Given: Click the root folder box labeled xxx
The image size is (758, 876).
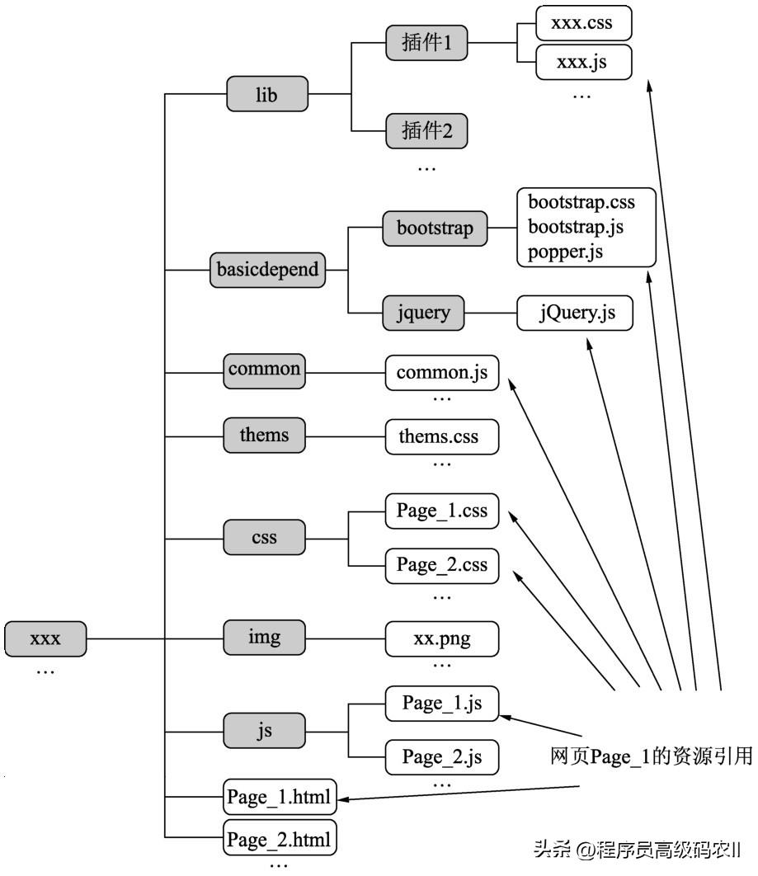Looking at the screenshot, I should [x=45, y=638].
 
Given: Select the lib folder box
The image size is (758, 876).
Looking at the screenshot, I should [x=266, y=95].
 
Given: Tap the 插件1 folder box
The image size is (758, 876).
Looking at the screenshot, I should [x=426, y=42].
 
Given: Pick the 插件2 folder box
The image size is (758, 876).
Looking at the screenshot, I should [x=426, y=130].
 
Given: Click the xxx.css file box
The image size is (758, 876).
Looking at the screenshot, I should [x=582, y=23].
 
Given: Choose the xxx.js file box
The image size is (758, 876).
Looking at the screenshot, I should [x=582, y=63].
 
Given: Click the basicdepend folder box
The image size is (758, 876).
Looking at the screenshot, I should [x=267, y=270].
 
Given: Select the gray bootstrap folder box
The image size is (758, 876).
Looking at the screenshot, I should [x=435, y=228].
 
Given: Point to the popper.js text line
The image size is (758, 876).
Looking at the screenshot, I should [x=566, y=252].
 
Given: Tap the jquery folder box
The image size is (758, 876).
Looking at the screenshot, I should [x=423, y=313].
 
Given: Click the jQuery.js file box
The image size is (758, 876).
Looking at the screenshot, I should [x=576, y=313].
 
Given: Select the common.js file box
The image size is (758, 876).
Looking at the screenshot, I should [x=442, y=373].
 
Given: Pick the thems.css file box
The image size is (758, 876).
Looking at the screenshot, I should [x=442, y=435].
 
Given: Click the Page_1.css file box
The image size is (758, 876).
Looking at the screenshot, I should [x=442, y=511].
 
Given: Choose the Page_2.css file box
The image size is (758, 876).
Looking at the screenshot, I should [x=442, y=565].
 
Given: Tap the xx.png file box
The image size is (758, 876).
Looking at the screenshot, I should [x=442, y=638].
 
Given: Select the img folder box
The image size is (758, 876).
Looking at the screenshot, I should [x=264, y=638].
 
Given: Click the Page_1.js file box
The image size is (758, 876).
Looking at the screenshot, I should [x=442, y=704].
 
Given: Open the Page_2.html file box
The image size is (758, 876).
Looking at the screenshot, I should [x=280, y=840].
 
